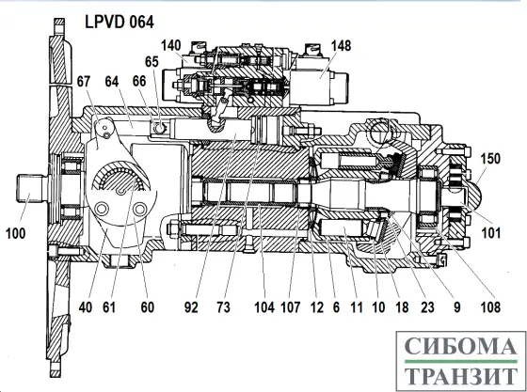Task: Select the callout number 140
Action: click(x=170, y=45)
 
